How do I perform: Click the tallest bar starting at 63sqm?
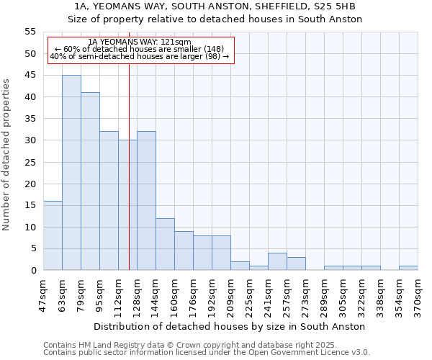(71, 173)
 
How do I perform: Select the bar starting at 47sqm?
(53, 235)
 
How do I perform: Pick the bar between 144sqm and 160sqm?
(165, 244)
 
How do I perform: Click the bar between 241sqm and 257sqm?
(277, 262)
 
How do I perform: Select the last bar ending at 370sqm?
(408, 268)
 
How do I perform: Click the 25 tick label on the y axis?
(30, 162)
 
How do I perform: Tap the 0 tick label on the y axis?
(33, 271)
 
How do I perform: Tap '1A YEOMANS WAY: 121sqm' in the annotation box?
(140, 42)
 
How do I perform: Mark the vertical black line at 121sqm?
(129, 180)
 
